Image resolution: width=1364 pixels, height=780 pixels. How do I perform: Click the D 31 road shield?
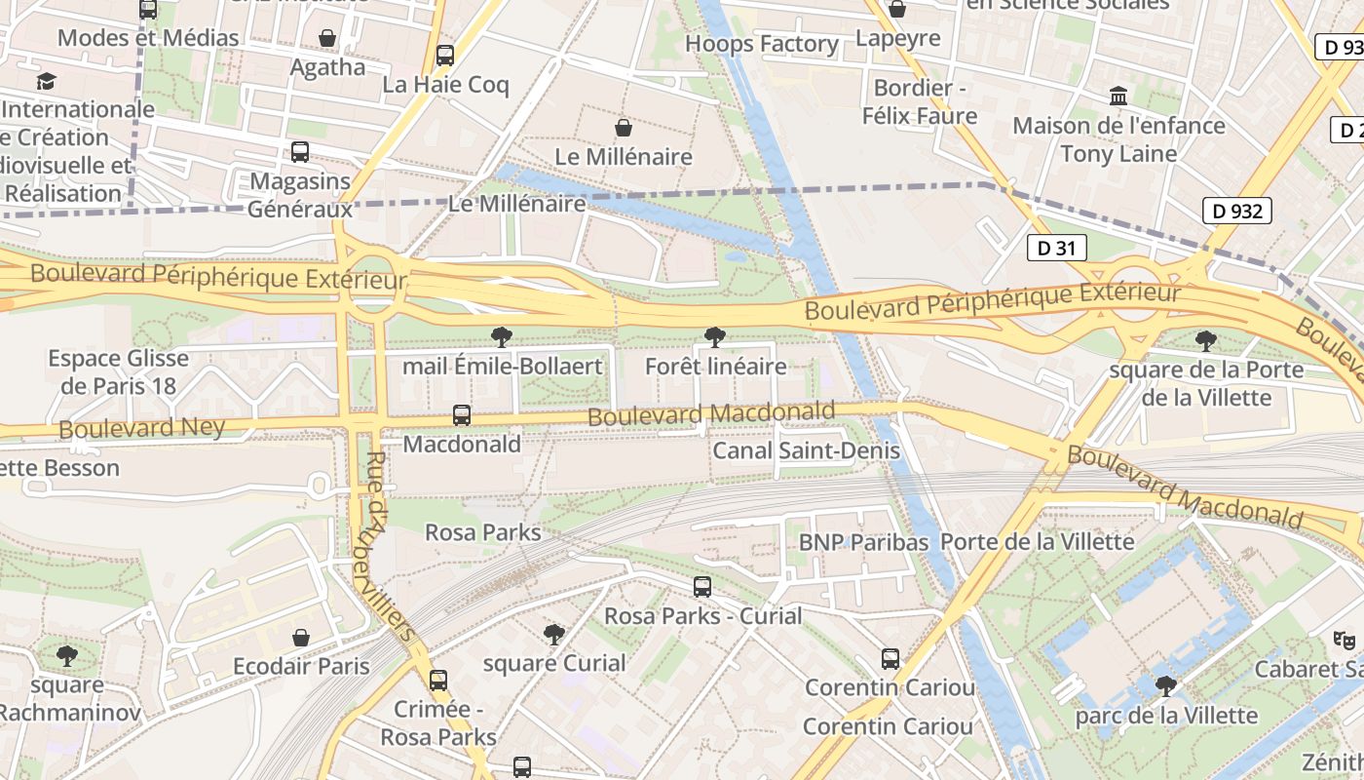1056,248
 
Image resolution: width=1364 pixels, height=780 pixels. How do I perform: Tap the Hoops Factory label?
761,44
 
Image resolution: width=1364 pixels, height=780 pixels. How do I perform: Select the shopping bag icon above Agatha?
327,38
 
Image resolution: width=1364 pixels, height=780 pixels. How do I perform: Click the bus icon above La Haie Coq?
445,55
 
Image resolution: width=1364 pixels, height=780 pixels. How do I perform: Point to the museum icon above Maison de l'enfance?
1118,97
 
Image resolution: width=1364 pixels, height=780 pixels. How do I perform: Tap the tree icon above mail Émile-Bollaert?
502,337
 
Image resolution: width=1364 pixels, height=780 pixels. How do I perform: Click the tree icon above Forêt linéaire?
714,337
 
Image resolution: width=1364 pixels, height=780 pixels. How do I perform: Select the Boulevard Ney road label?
141,427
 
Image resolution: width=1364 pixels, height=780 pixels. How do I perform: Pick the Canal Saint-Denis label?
806,450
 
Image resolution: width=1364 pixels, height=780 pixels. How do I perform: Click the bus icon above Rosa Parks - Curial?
701,587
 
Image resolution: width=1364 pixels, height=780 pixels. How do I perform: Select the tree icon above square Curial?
553,635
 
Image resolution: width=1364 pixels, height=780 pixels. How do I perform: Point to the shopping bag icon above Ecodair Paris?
301,638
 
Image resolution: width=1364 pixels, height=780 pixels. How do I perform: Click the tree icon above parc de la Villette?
1165,686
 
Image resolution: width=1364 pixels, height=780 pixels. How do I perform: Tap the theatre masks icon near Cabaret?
1344,640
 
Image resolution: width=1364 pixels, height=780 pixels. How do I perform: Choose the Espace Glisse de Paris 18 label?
118,371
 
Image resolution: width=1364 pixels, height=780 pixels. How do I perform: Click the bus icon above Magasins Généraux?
299,152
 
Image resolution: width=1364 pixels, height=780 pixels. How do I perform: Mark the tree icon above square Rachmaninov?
66,655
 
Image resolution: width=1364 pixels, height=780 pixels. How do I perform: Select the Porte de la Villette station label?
1038,541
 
